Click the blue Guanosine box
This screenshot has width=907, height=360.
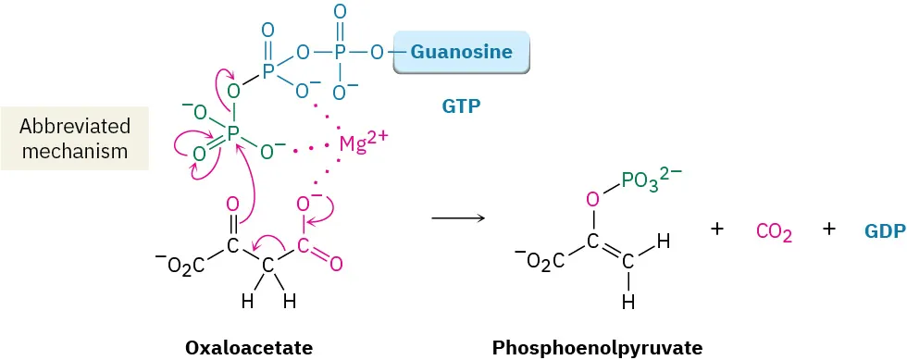(x=460, y=53)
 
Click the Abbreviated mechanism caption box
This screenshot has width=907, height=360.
(x=74, y=139)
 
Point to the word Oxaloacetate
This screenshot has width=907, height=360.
(x=249, y=347)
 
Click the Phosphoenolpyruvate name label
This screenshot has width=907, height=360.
(x=598, y=347)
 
